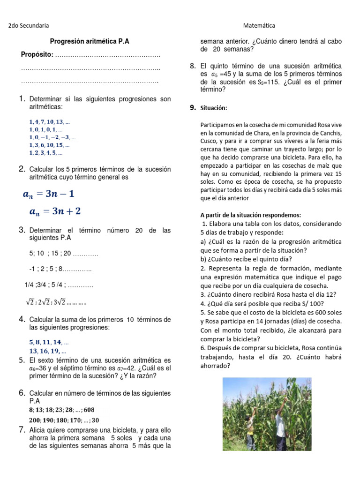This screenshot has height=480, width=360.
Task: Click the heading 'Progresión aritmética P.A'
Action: pyautogui.click(x=90, y=41)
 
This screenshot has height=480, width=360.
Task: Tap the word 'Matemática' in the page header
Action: pyautogui.click(x=259, y=25)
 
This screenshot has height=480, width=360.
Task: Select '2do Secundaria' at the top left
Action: pyautogui.click(x=29, y=25)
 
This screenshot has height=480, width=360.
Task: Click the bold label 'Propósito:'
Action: pyautogui.click(x=37, y=55)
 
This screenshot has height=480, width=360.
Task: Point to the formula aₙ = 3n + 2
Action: pyautogui.click(x=55, y=211)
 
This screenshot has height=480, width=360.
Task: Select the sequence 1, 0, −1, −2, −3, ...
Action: pyautogui.click(x=52, y=137)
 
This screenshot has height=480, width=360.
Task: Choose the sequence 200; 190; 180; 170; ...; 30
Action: pyautogui.click(x=64, y=420)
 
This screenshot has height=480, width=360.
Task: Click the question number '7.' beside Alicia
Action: pyautogui.click(x=22, y=429)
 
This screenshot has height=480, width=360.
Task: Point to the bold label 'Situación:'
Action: pyautogui.click(x=214, y=108)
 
